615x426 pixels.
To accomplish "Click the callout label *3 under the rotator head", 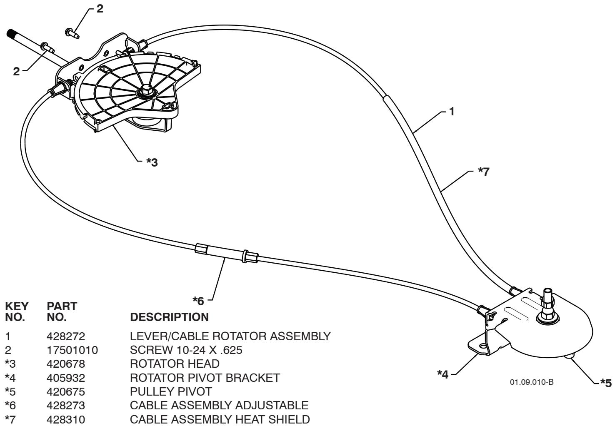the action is [152, 162].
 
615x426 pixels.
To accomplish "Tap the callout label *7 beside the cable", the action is [483, 171].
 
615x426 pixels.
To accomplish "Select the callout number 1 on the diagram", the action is [452, 112].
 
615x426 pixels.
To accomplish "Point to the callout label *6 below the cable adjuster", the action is [198, 301].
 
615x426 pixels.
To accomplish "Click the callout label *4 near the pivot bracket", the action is [442, 374].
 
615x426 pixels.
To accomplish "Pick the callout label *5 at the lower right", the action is [606, 383].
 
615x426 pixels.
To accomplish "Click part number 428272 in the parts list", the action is [66, 336].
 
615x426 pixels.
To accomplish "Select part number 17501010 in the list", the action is [72, 350].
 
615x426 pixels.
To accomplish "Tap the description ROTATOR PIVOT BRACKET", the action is [205, 378].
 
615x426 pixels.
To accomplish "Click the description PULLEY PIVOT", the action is [171, 392].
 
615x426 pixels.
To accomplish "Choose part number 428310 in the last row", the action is [66, 420].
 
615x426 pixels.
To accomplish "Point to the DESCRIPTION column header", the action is [170, 317].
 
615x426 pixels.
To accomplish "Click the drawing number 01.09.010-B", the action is [532, 382].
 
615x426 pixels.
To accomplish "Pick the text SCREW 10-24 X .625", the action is [186, 350].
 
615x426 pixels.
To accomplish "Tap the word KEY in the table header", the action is [17, 306].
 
